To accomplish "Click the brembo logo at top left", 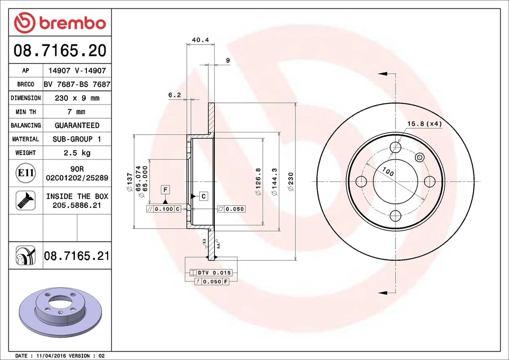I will [60, 22].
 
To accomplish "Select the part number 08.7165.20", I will [60, 51].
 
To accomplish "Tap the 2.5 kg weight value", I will [77, 153].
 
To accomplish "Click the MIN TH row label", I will [25, 112].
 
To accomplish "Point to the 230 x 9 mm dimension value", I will [77, 98].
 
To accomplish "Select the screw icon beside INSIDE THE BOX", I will [25, 200].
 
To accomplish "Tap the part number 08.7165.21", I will [77, 256].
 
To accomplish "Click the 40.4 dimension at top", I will [200, 40].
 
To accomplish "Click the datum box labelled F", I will [165, 189].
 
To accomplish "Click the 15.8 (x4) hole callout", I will [424, 124].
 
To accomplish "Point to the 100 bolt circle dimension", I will [388, 172].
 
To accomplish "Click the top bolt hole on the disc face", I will [396, 147].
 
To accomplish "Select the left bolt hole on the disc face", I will [362, 181].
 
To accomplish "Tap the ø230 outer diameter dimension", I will [290, 181].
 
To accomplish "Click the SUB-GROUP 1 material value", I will [77, 139].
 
